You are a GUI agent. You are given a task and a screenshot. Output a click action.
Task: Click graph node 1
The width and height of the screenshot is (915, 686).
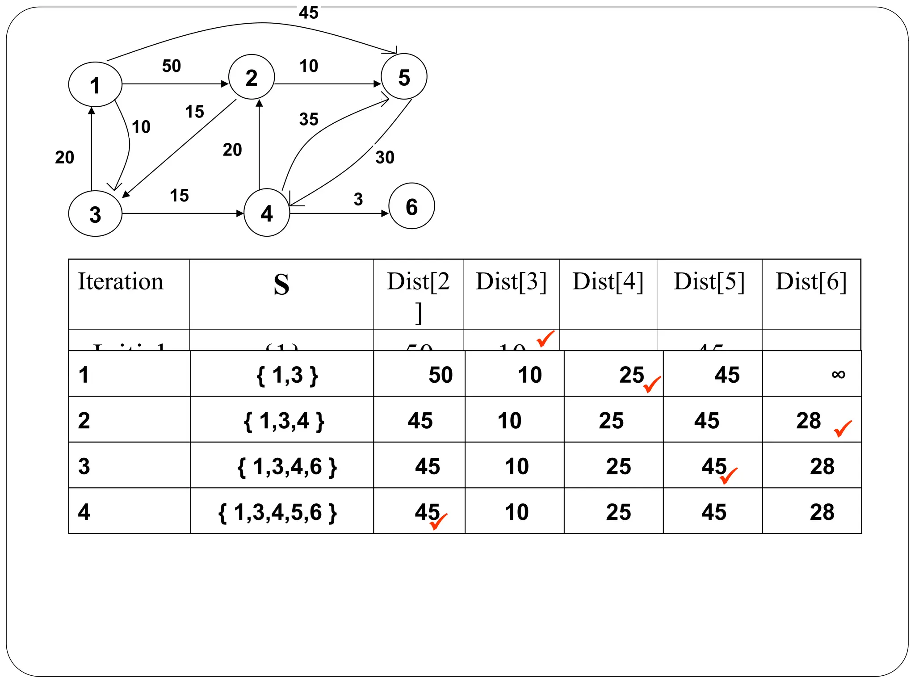pyautogui.click(x=95, y=84)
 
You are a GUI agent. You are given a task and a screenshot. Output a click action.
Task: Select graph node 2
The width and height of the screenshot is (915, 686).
pyautogui.click(x=252, y=77)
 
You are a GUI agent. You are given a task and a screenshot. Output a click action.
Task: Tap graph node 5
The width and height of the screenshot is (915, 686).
pyautogui.click(x=404, y=77)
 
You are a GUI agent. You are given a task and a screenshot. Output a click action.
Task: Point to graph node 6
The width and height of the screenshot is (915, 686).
pyautogui.click(x=411, y=206)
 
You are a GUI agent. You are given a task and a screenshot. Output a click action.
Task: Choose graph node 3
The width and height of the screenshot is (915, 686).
pyautogui.click(x=95, y=214)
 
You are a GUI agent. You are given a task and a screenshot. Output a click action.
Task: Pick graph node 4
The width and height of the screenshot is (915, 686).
pyautogui.click(x=267, y=213)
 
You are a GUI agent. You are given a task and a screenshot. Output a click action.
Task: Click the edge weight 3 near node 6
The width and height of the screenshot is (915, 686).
pyautogui.click(x=358, y=199)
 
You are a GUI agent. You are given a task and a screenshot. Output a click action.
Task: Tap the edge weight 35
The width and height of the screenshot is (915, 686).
pyautogui.click(x=309, y=119)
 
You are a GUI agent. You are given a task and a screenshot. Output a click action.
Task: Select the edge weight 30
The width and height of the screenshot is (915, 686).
pyautogui.click(x=385, y=157)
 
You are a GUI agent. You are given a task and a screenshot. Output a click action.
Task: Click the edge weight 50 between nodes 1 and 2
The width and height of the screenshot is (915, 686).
pyautogui.click(x=172, y=66)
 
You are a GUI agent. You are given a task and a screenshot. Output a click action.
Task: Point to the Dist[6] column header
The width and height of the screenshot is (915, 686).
pyautogui.click(x=811, y=281)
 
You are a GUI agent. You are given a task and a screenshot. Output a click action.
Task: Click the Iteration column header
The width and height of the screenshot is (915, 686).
pyautogui.click(x=121, y=281)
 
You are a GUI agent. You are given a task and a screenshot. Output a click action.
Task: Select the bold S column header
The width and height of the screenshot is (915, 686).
pyautogui.click(x=281, y=284)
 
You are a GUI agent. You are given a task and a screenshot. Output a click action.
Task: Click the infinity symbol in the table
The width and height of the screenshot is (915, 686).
pyautogui.click(x=838, y=374)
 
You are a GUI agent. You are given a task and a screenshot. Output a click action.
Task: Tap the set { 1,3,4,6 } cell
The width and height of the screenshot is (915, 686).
pyautogui.click(x=287, y=466)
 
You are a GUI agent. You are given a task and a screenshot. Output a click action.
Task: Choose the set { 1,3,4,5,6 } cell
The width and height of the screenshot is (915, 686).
pyautogui.click(x=277, y=512)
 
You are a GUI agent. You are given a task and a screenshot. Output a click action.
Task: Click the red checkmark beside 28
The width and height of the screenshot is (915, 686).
pyautogui.click(x=843, y=428)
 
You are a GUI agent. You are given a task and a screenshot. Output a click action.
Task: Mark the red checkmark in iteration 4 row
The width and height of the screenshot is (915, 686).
pyautogui.click(x=438, y=522)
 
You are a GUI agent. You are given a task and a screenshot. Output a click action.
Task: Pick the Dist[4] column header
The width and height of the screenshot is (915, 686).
pyautogui.click(x=608, y=281)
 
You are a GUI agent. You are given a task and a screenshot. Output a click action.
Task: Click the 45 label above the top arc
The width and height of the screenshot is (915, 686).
pyautogui.click(x=309, y=13)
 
